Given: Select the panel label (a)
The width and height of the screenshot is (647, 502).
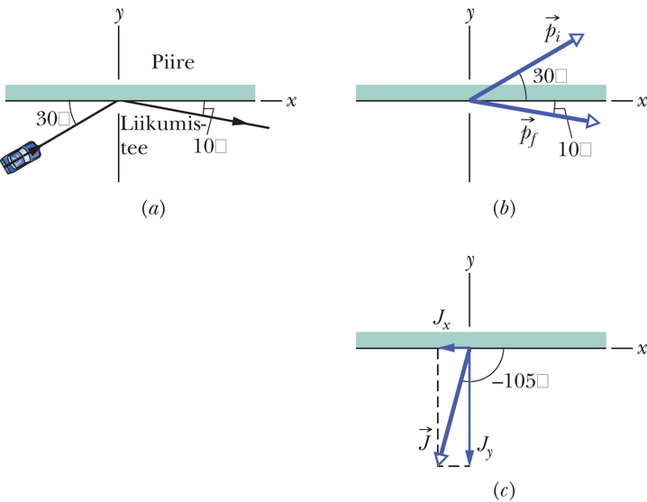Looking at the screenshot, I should point(152,208).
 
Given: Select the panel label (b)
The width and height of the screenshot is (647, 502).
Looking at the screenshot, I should point(505,208).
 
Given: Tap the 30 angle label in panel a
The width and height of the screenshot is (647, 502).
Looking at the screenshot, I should point(51,117).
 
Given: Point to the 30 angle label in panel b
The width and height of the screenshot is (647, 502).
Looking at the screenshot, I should point(548,78).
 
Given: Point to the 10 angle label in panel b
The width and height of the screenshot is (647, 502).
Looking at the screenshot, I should point(573,150).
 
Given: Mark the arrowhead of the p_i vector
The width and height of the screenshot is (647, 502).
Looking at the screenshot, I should point(577,38).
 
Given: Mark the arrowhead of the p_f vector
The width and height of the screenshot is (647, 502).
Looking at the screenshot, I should point(594,122).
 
